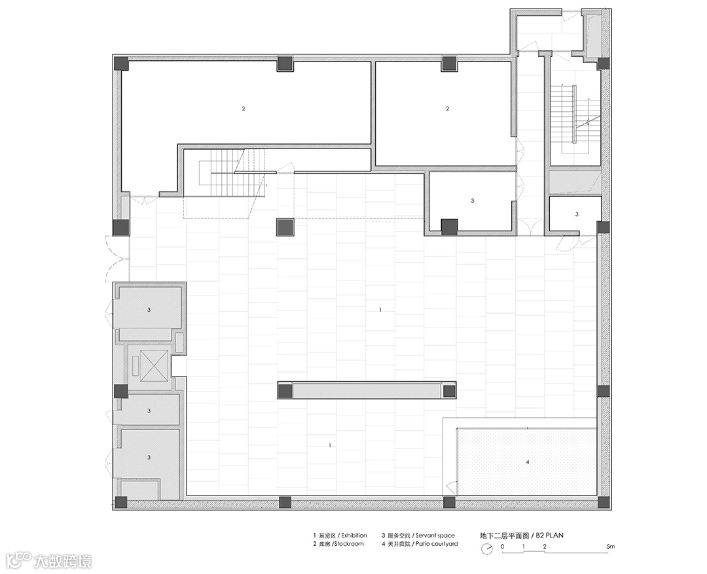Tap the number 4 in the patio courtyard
pos(528,462)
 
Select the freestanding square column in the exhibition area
pos(285,228)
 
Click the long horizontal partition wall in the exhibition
pos(366,390)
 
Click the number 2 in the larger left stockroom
pos(244,109)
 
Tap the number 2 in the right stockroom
pos(448,109)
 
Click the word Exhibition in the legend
pos(354,535)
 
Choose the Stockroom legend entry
pos(338,544)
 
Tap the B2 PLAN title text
pos(550,535)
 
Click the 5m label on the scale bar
pos(611,547)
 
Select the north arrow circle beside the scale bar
pos(486,549)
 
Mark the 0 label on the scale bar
pos(503,547)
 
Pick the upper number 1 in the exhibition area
pos(380,310)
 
